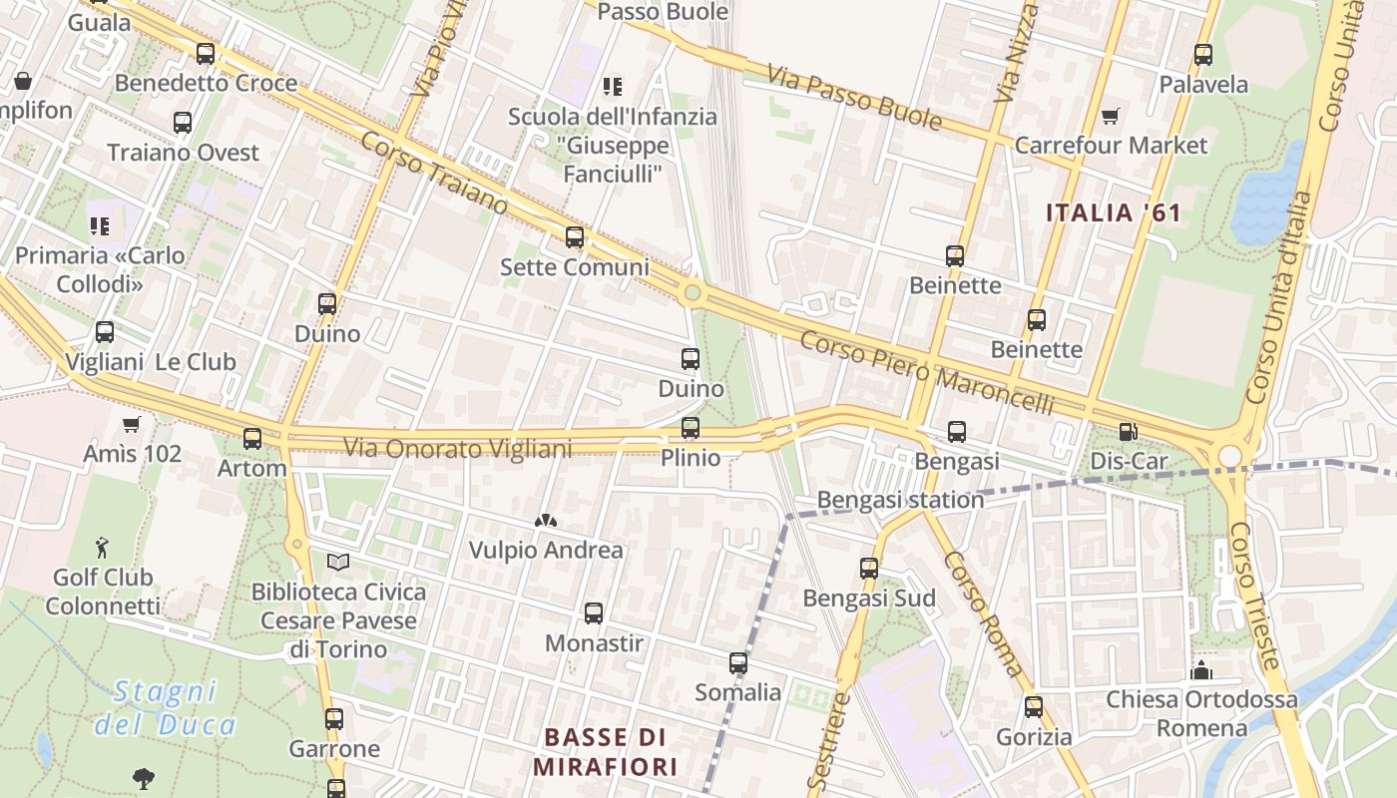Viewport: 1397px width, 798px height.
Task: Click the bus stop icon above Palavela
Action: coord(1203,55)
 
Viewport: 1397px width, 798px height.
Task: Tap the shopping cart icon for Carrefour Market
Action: coord(1110,117)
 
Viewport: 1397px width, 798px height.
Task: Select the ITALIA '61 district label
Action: coord(1113,212)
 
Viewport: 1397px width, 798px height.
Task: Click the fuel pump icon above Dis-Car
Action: coord(1128,432)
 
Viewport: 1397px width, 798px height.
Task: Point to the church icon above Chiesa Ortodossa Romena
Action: coord(1201,669)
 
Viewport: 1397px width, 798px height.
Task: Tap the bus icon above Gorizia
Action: coord(1034,707)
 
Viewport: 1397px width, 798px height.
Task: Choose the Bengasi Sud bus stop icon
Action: coord(869,569)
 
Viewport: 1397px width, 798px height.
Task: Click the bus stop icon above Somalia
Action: coord(738,663)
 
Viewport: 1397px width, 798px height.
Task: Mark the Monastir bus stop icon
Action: coord(594,613)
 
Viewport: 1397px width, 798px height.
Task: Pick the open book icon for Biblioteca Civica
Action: coord(338,563)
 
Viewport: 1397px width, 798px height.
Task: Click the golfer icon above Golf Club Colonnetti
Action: coord(102,547)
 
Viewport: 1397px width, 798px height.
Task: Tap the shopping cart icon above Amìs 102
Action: coord(131,425)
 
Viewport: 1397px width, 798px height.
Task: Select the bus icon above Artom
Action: coord(252,438)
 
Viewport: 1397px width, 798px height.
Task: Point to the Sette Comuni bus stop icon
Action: coord(575,237)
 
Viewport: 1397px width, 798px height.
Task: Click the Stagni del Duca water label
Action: coord(166,707)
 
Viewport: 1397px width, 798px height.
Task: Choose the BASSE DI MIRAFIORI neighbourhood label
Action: coord(605,752)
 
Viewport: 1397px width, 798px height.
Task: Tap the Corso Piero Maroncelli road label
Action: coord(927,372)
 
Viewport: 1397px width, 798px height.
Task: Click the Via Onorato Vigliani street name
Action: coord(458,449)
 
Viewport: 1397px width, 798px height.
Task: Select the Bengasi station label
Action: coord(900,499)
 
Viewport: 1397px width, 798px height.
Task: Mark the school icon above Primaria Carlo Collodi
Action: coord(99,226)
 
